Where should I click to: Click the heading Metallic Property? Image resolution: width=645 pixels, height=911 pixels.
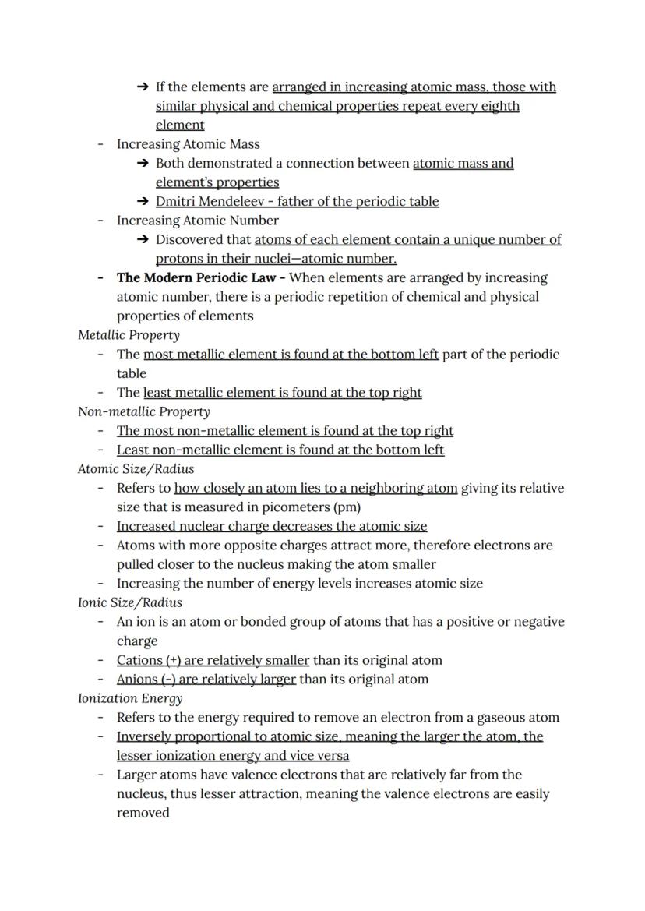pos(129,335)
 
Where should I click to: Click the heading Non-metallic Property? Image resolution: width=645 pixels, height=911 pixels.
pos(143,411)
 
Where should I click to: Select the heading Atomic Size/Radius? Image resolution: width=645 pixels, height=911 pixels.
pos(136,469)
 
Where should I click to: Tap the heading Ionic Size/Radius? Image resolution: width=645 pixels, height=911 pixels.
pos(129,602)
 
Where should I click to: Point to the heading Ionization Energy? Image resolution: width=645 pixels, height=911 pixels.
pos(130,698)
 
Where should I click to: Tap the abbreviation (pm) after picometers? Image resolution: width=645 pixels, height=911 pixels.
pos(347,507)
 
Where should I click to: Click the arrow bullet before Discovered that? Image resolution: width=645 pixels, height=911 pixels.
pos(142,239)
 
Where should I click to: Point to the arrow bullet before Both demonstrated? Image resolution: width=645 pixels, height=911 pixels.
pos(142,163)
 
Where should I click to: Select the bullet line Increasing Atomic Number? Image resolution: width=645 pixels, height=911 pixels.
pos(197,221)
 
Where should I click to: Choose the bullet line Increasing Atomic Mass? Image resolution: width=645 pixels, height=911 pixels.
pos(188,144)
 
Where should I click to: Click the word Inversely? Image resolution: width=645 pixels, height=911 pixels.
pos(145,736)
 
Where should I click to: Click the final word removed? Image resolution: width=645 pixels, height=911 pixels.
pos(143,813)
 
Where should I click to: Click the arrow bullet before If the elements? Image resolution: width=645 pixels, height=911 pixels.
pos(142,87)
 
